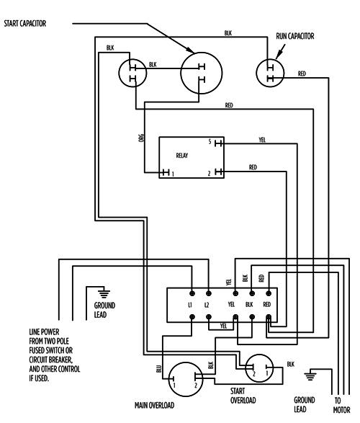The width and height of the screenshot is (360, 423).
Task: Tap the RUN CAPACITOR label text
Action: pyautogui.click(x=295, y=35)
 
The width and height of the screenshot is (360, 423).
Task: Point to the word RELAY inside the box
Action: pyautogui.click(x=181, y=154)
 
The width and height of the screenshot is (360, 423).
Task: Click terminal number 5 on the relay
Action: pyautogui.click(x=209, y=142)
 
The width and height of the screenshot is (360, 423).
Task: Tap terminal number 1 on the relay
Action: pyautogui.click(x=173, y=173)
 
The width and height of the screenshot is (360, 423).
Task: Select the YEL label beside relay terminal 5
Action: pyautogui.click(x=261, y=138)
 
